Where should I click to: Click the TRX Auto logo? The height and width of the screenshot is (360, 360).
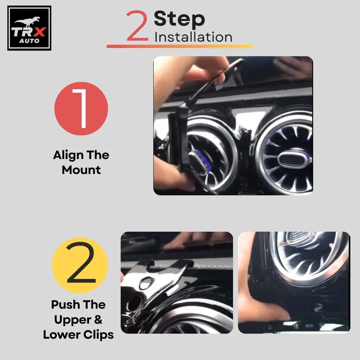pyautogui.click(x=29, y=28)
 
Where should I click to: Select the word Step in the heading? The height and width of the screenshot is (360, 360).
pyautogui.click(x=179, y=19)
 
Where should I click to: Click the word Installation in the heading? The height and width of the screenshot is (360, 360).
pyautogui.click(x=193, y=37)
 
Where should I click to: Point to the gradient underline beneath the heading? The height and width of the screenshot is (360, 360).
pyautogui.click(x=180, y=46)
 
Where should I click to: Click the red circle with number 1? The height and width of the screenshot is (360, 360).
pyautogui.click(x=81, y=108)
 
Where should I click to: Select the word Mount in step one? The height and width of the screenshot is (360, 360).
pyautogui.click(x=81, y=170)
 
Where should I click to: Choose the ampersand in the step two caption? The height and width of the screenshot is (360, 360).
pyautogui.click(x=98, y=320)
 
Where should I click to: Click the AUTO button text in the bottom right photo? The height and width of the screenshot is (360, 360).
pyautogui.click(x=309, y=325)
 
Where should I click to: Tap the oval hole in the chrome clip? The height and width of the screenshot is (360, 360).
pyautogui.click(x=146, y=284)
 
